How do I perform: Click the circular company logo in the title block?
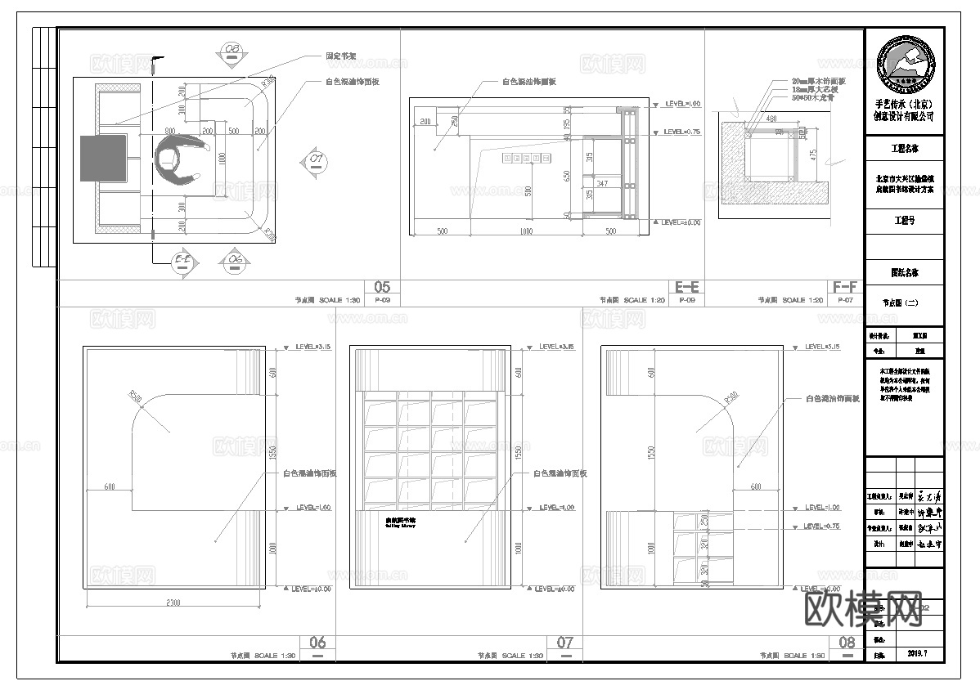tap(905, 64)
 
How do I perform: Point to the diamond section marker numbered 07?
tap(316, 159)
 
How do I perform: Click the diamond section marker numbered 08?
tap(233, 52)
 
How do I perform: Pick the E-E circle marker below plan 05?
tap(184, 261)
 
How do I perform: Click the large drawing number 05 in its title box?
tap(383, 287)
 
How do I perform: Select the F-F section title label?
tap(845, 287)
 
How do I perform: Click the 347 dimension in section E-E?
tap(602, 183)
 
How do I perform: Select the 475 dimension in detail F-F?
tap(813, 154)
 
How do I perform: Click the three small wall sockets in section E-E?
tap(517, 157)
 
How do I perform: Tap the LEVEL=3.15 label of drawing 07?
tap(556, 347)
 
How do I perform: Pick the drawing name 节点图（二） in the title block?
tap(904, 302)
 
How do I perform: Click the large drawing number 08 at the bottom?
tap(847, 643)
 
